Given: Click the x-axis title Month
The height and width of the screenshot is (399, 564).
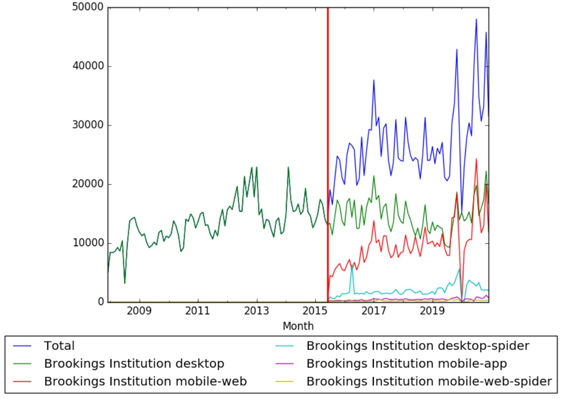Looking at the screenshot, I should point(298,326).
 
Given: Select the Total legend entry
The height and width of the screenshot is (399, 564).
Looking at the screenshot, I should point(59,346).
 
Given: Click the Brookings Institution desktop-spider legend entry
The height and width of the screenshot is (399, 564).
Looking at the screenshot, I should point(418,346).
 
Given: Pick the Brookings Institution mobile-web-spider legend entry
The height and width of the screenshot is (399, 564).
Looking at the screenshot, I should point(429,381).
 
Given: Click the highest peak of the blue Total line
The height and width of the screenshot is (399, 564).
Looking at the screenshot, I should point(476,19).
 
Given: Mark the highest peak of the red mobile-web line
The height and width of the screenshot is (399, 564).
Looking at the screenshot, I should point(476,159).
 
